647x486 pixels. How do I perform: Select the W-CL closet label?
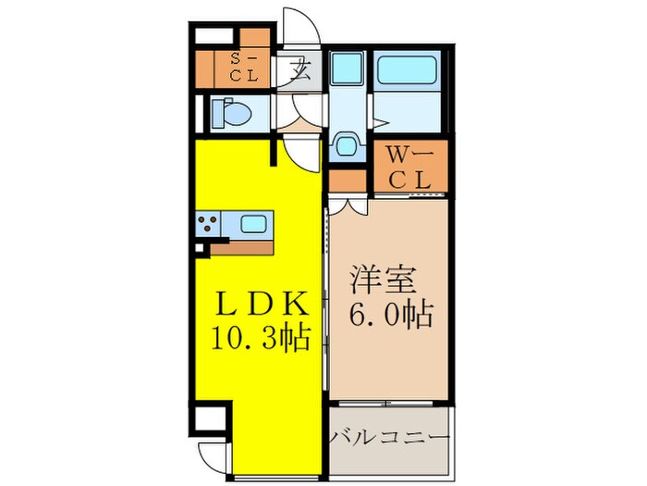pos(409,167)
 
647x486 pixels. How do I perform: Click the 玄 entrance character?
pos(300,69)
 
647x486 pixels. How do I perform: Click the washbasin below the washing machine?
pos(346,146)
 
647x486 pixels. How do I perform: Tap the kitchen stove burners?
pos(207,223)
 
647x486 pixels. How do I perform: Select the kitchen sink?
pos(252,223)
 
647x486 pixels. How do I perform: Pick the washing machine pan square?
pos(349,70)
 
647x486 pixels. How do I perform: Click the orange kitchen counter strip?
pos(244,246)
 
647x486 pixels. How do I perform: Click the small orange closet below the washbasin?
pos(348,179)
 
